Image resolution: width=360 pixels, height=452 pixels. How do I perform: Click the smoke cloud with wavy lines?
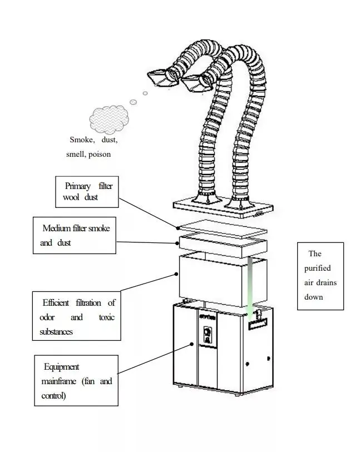109,117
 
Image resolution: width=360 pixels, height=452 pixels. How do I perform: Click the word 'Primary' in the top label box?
77,186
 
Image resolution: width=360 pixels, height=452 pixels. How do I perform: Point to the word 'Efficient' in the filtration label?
56,302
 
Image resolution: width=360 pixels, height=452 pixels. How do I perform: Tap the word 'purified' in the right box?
317,268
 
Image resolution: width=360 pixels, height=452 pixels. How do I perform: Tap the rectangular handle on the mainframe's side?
258,322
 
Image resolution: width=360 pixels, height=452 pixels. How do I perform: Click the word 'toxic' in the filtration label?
107,317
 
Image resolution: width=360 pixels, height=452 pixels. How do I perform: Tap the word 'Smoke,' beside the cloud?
82,140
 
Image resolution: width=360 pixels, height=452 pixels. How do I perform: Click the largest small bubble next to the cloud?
133,102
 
